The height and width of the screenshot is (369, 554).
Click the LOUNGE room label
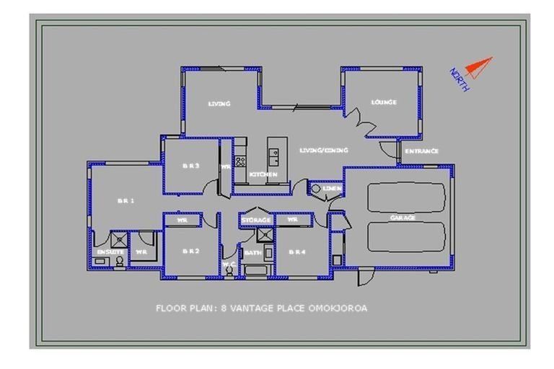(384, 102)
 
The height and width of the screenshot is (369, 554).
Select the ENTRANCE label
(421, 151)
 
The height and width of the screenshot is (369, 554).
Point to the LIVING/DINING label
(324, 150)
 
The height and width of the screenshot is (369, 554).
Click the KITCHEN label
(263, 174)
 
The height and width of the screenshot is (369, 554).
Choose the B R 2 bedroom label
(190, 251)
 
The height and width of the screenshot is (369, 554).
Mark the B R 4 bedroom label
(296, 252)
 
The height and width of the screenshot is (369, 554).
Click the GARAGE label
(403, 217)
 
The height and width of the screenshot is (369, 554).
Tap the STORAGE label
(256, 219)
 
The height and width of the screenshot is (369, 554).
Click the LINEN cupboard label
(332, 189)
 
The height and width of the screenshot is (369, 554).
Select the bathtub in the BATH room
(257, 271)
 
